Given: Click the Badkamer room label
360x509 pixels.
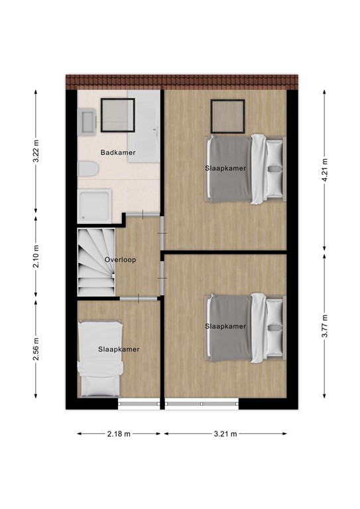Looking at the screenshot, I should [x=118, y=153].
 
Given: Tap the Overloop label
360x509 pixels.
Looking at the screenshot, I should [x=120, y=260].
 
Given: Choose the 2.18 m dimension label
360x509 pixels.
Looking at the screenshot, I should [x=119, y=433].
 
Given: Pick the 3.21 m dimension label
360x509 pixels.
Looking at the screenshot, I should [x=225, y=433].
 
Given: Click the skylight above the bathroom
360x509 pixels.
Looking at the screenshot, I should [x=118, y=115].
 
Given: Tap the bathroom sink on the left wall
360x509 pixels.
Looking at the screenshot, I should [x=86, y=122].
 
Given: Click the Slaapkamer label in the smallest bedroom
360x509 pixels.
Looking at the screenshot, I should [x=119, y=349].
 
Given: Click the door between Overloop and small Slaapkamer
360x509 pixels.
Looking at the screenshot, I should [x=139, y=300].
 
